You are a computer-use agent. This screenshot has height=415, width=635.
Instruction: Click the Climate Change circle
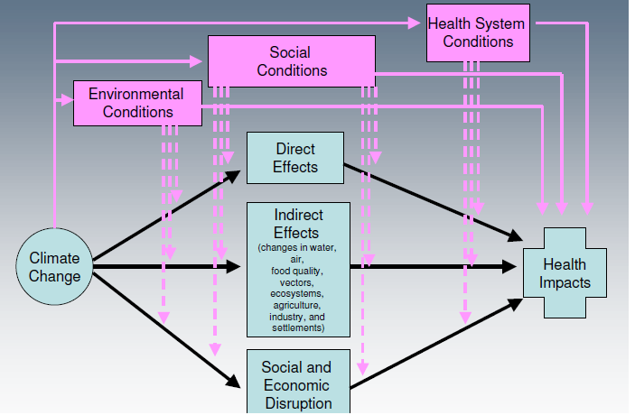point(54,267)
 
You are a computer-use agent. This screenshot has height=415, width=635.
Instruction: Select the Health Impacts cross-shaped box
point(565,273)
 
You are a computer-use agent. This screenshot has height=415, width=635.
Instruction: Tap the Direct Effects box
point(295,158)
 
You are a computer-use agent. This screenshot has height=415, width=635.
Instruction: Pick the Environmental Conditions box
point(136,103)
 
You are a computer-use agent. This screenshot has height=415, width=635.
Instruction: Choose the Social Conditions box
point(292,61)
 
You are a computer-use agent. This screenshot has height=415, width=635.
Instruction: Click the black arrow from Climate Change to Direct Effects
point(167,213)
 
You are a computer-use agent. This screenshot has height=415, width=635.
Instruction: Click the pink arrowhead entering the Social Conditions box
point(197,61)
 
